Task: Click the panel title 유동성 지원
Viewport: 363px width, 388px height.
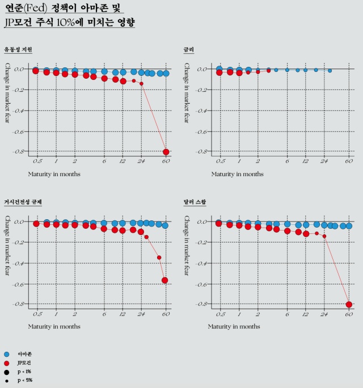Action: pos(18,50)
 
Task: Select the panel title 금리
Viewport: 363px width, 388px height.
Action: pos(188,50)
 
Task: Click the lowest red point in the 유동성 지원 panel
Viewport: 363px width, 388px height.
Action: pos(166,152)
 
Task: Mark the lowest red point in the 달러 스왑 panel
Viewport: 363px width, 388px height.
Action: pos(349,305)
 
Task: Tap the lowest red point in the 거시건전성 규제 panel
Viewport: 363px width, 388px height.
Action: pos(165,280)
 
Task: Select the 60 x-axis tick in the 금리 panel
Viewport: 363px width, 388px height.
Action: pos(349,162)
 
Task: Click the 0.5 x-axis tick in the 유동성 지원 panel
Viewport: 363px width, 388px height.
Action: pos(37,162)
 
